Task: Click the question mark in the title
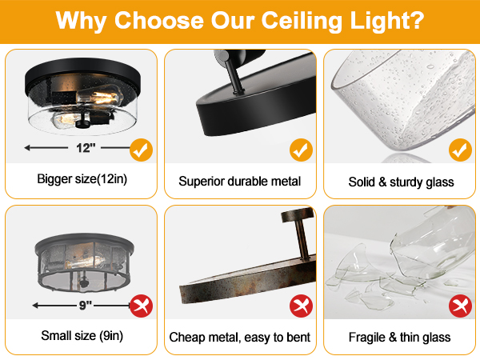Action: tap(417, 20)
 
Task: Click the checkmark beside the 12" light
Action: tap(141, 149)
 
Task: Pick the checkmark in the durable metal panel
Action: tap(301, 149)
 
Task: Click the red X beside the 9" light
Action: tap(141, 304)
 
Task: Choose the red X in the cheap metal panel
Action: tap(301, 305)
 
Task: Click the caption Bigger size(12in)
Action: tap(82, 180)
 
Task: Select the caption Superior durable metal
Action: tap(240, 182)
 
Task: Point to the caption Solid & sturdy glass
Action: tap(401, 182)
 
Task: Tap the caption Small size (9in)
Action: tap(82, 336)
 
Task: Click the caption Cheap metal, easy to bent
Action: tap(240, 337)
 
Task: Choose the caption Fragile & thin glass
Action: tap(400, 337)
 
